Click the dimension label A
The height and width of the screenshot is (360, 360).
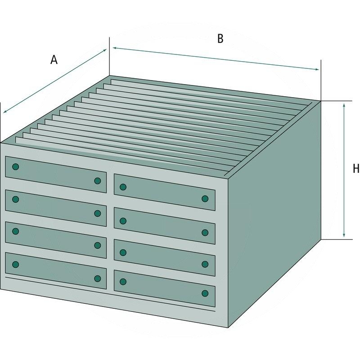click(54, 60)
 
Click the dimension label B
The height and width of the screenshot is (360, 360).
click(220, 39)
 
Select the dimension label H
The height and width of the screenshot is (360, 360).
click(356, 169)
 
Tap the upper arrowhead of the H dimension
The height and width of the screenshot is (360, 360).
click(344, 105)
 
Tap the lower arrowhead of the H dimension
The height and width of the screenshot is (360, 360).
click(344, 235)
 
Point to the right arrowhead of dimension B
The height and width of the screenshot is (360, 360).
click(317, 69)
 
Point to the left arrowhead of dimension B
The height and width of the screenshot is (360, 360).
click(115, 48)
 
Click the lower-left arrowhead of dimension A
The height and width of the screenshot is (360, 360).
click(5, 111)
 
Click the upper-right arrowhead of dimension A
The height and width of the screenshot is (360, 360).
click(104, 50)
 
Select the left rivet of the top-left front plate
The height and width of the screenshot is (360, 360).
click(16, 166)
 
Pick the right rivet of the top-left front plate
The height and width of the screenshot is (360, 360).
click(98, 181)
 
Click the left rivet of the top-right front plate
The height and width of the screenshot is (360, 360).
click(123, 187)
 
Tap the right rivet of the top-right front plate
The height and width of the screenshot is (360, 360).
click(205, 199)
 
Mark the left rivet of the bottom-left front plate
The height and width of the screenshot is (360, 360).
click(16, 265)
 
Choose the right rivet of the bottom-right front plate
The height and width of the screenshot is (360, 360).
click(205, 293)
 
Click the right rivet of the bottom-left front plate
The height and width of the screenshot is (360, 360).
click(98, 279)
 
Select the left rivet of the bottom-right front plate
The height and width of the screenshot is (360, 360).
click(123, 282)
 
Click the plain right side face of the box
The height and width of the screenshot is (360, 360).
click(274, 213)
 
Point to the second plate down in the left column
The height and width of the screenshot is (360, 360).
click(56, 208)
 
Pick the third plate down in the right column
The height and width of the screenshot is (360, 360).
click(165, 257)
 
